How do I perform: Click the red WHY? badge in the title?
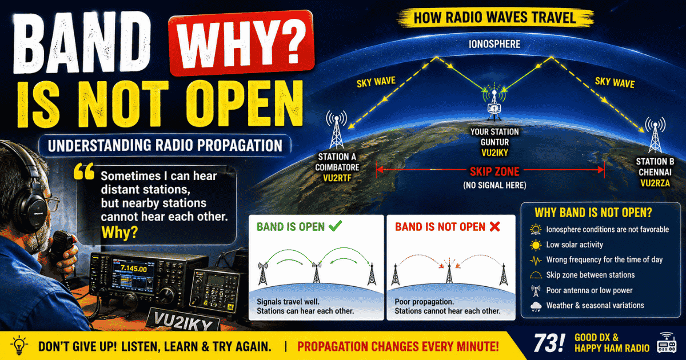click(x=241, y=43)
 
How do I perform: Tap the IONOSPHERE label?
click(x=494, y=44)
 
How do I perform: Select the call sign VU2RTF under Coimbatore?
click(x=337, y=178)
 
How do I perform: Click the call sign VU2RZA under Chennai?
click(x=655, y=183)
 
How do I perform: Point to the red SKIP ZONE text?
click(x=494, y=172)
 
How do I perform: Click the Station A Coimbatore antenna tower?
click(x=336, y=130)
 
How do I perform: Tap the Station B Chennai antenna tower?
click(x=655, y=135)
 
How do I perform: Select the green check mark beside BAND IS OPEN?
click(x=335, y=226)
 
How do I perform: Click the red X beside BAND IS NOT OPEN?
click(x=494, y=226)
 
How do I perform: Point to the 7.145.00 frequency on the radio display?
click(x=134, y=269)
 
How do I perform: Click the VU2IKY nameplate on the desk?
click(x=183, y=320)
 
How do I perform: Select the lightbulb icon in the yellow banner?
click(x=19, y=346)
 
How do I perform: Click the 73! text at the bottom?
click(x=549, y=343)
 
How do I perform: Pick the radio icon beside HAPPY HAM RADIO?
click(x=667, y=343)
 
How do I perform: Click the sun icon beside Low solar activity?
click(x=536, y=245)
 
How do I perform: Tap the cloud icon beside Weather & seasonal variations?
click(x=536, y=306)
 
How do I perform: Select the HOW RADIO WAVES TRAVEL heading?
click(x=494, y=18)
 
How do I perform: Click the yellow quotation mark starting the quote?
click(x=83, y=171)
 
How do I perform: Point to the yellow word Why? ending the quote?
click(x=119, y=233)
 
